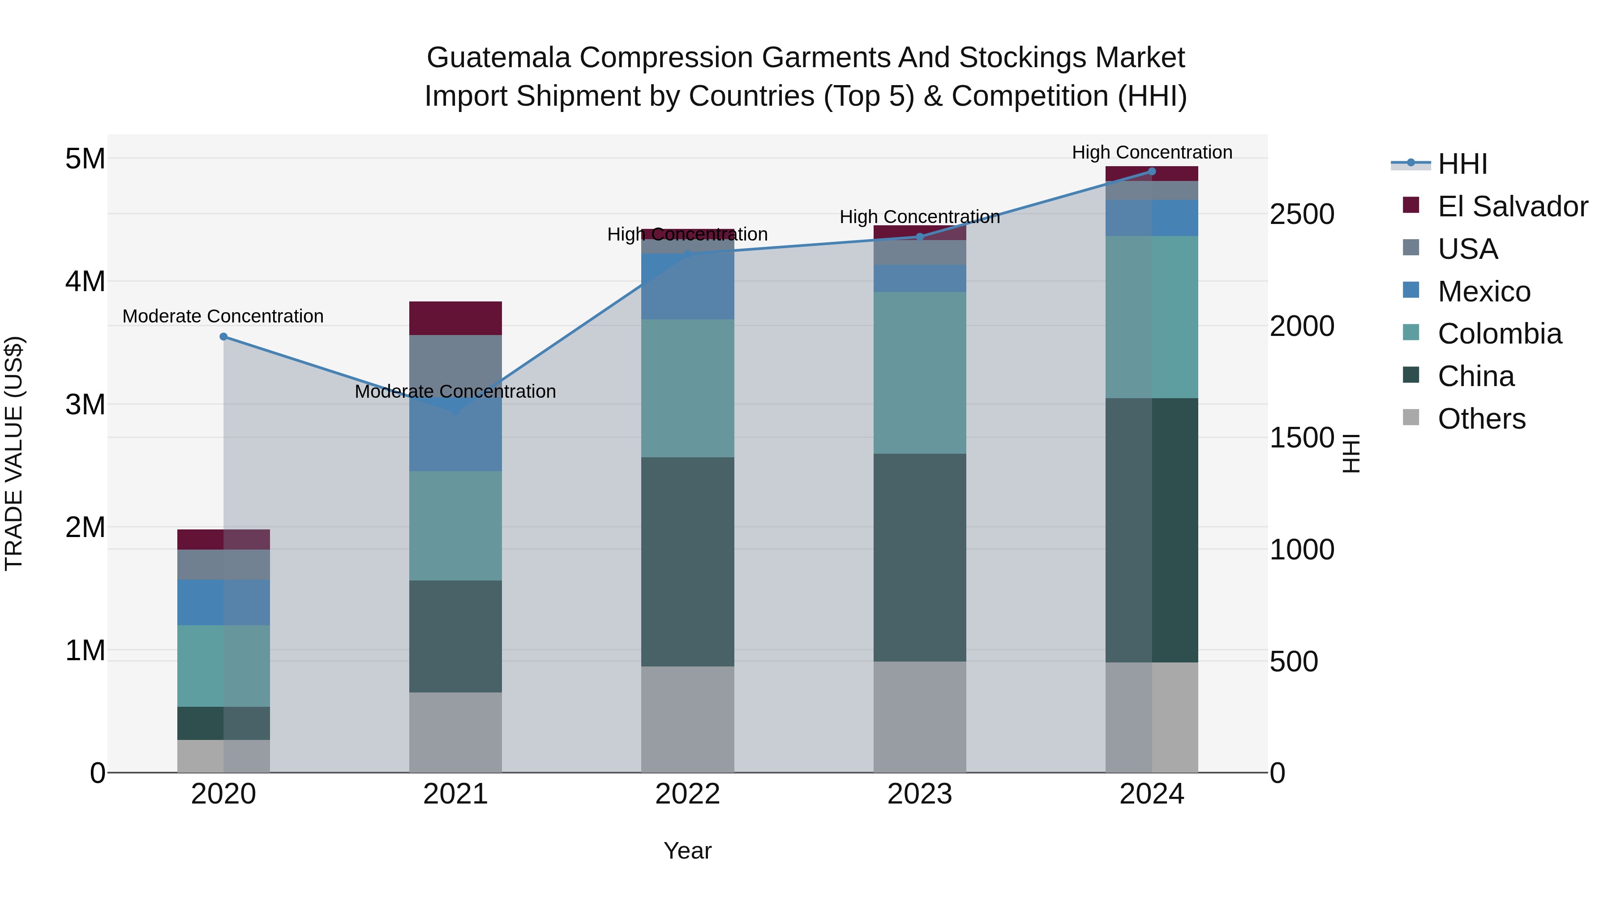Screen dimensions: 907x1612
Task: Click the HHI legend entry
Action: [1462, 164]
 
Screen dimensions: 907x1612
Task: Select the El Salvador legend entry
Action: [1512, 206]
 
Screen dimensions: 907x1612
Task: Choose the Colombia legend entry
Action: [1499, 334]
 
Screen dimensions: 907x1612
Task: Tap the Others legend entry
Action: [1481, 419]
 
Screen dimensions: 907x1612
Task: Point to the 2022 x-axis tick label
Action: [687, 794]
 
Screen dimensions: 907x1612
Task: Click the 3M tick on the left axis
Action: [85, 404]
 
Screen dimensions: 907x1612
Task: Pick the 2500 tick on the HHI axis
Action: [1302, 214]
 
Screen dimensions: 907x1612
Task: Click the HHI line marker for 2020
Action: [223, 337]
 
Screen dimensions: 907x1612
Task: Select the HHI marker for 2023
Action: [919, 236]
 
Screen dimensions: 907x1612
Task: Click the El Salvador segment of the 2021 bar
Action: [455, 318]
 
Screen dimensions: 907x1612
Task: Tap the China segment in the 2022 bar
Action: [687, 562]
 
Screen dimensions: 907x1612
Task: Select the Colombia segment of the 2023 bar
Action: [919, 373]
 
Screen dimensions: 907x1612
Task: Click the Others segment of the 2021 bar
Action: [455, 732]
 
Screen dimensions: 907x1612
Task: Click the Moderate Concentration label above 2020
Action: [223, 316]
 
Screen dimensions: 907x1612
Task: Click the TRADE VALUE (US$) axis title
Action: [14, 453]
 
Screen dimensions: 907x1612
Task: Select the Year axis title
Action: [687, 851]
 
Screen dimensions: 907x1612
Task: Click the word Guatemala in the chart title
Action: [498, 58]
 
